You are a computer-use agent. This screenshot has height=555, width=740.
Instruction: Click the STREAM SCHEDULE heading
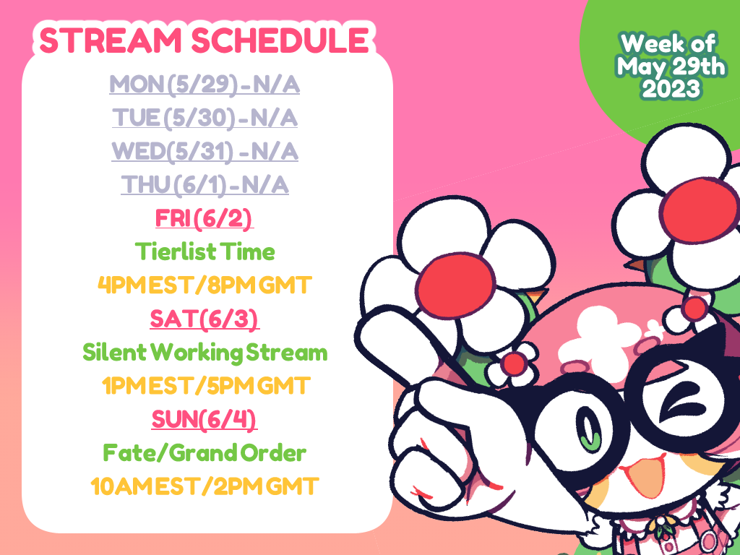(204, 40)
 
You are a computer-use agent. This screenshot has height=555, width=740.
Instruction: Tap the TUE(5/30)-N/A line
(205, 118)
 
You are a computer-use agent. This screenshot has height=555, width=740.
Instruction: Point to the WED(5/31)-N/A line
(205, 152)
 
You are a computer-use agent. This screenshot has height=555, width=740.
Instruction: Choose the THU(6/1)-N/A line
(205, 185)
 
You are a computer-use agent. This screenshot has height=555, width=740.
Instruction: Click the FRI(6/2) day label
(205, 218)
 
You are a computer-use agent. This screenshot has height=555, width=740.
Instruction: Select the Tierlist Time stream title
(205, 251)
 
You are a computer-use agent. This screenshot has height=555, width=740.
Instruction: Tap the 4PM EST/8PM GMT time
(205, 285)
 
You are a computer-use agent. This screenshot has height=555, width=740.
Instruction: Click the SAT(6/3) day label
(205, 319)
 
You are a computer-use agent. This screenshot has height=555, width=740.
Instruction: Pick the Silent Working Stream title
(205, 353)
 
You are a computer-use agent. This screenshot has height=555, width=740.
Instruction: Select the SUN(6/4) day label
(205, 420)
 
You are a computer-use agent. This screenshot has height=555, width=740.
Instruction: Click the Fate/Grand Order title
(205, 453)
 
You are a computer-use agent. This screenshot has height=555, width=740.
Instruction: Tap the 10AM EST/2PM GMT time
(205, 486)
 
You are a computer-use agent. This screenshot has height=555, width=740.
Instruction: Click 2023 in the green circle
(670, 89)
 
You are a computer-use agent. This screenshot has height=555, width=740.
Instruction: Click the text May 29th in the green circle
(671, 66)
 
